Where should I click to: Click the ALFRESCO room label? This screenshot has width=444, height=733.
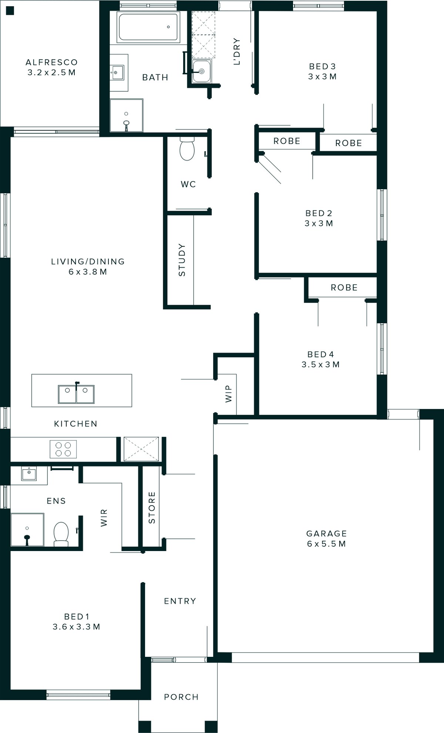51,62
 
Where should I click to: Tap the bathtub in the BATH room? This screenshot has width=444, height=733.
148,27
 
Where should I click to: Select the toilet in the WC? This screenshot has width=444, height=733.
187,149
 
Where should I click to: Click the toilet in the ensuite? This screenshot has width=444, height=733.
61,534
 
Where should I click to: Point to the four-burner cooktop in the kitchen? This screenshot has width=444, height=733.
63,449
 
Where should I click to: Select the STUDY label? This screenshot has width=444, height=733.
182,260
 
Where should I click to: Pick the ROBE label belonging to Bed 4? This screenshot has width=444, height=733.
344,287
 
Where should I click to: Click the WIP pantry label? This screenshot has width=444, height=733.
228,393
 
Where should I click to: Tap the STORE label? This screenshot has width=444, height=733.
152,507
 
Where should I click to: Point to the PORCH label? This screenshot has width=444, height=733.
181,697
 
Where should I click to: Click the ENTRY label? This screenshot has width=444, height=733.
180,601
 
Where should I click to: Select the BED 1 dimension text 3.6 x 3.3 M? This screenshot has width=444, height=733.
77,626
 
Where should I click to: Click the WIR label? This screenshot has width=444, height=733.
104,517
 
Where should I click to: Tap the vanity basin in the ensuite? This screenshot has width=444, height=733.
28,473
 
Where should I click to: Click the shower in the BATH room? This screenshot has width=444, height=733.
127,115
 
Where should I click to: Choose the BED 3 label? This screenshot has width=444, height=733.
322,66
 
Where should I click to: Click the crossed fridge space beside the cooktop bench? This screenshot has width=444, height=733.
141,449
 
